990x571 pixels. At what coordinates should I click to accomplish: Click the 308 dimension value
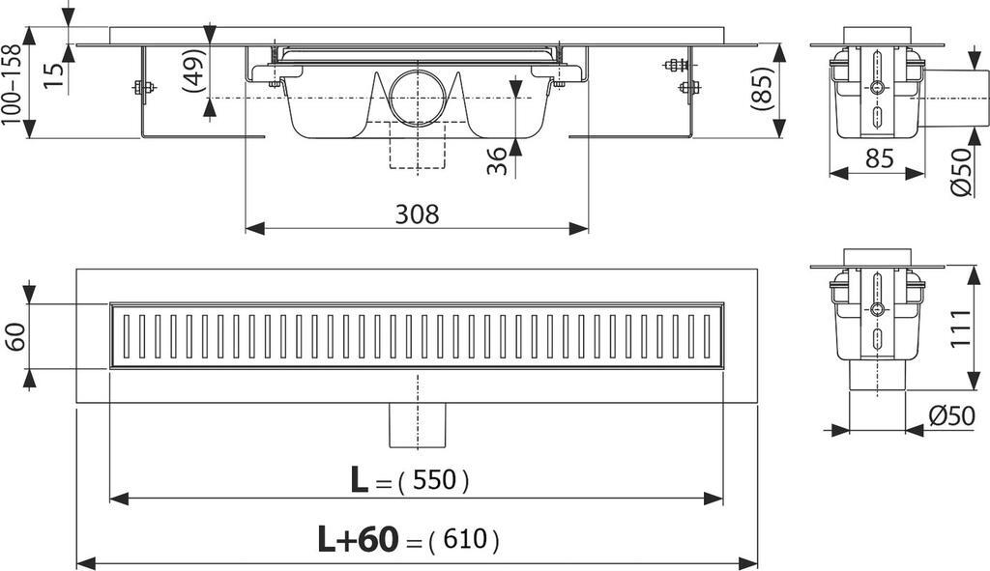[x=418, y=214]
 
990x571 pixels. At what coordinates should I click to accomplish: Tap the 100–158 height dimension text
[x=13, y=82]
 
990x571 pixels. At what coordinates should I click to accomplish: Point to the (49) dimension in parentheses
[x=192, y=71]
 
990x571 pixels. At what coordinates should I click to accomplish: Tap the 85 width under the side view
[x=879, y=159]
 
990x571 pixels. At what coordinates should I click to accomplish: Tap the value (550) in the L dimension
[x=432, y=481]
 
